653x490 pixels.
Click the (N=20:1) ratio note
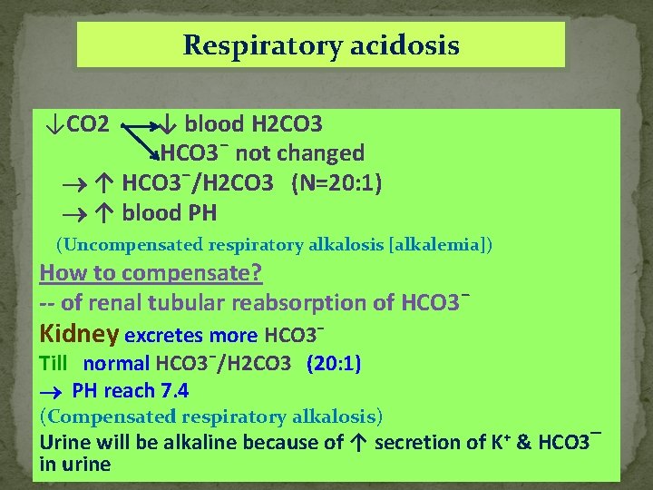[336, 183]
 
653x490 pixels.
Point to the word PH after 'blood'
[202, 213]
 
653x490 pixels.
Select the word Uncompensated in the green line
[132, 245]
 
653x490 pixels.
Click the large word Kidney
[79, 333]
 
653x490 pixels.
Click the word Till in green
[54, 364]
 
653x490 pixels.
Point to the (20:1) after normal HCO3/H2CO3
[334, 364]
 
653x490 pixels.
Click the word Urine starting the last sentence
[63, 442]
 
